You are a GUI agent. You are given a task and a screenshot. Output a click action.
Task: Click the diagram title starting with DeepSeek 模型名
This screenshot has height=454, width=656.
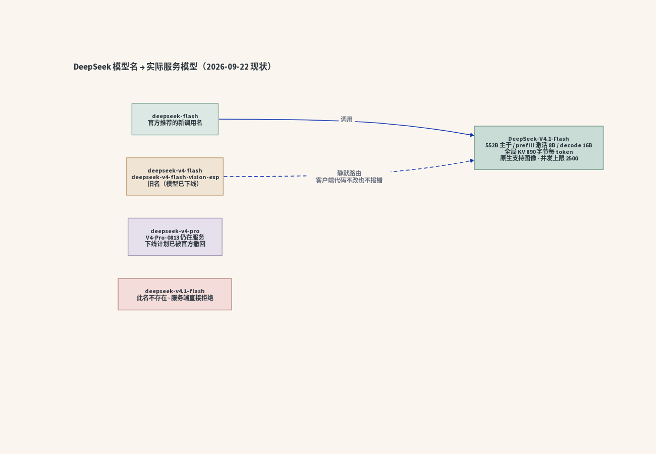173,67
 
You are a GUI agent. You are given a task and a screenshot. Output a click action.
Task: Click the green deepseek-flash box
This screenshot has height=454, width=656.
175,119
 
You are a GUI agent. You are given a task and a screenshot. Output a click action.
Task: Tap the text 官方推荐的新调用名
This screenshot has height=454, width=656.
175,123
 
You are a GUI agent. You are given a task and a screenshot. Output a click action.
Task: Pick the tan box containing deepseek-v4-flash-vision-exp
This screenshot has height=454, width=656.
175,177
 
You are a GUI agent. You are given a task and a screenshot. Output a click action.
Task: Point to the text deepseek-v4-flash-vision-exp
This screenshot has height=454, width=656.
175,177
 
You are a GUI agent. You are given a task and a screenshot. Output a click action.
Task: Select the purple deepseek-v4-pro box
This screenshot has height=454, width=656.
175,237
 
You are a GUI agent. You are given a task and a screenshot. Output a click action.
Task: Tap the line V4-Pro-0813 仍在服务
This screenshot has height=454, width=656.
175,238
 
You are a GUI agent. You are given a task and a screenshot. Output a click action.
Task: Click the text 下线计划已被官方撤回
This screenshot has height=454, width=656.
175,244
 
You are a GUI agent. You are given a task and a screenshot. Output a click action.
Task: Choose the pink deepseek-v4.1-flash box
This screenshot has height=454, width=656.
175,294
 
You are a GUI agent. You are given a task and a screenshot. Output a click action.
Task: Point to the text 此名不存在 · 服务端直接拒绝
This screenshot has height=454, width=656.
175,298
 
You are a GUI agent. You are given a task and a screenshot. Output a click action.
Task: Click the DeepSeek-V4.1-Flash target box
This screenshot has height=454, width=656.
539,148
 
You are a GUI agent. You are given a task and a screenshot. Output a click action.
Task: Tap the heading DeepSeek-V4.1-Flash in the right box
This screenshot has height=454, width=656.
538,139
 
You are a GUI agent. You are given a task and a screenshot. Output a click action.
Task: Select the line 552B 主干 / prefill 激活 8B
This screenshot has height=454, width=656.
520,145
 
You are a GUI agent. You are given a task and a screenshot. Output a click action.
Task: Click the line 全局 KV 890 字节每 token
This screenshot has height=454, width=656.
538,152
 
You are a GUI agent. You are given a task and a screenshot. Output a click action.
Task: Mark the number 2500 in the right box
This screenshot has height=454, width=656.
572,158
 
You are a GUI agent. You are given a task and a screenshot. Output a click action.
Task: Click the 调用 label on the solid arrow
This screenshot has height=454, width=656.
347,120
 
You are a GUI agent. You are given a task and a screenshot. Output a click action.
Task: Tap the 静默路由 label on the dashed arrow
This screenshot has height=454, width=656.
349,173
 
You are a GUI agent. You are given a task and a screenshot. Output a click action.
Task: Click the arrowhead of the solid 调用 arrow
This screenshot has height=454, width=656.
472,135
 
